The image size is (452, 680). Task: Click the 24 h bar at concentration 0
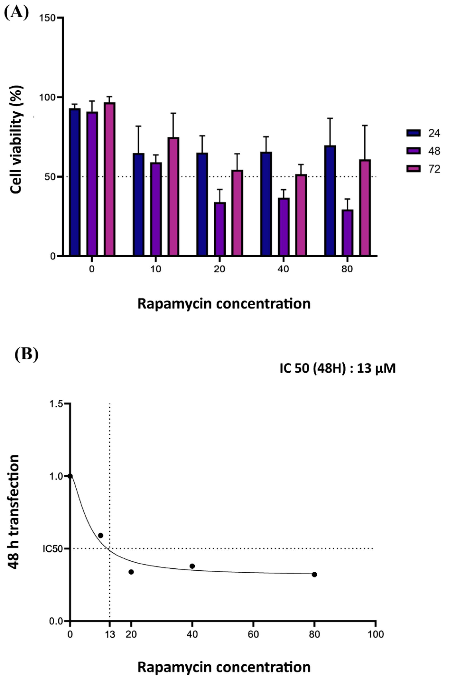click(75, 182)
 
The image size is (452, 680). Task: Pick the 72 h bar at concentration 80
click(365, 208)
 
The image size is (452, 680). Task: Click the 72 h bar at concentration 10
click(173, 197)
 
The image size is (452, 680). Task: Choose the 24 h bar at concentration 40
click(266, 204)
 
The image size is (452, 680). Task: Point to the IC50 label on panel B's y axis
click(53, 549)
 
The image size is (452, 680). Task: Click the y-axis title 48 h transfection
click(13, 512)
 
